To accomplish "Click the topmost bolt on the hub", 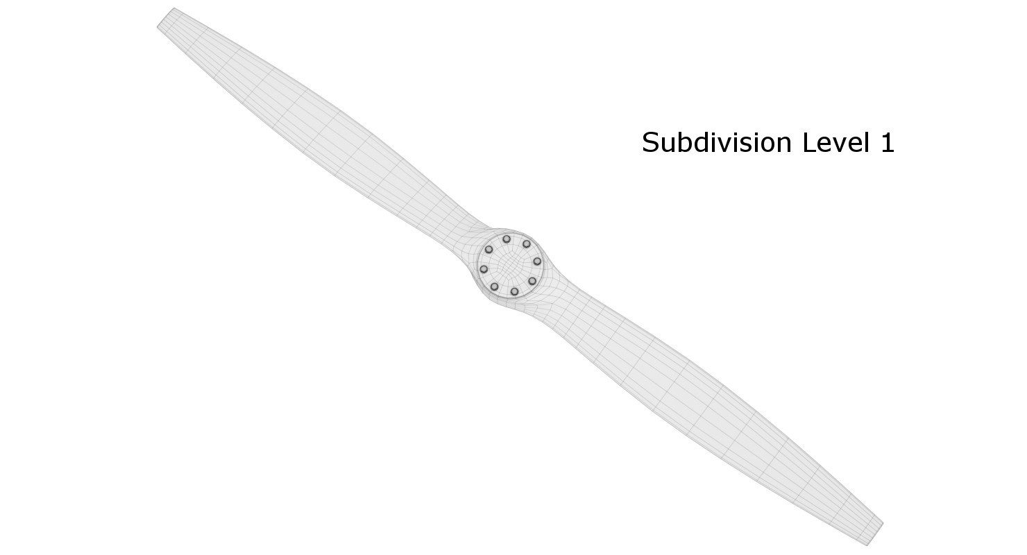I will coord(507,239).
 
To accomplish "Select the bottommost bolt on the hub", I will coord(514,291).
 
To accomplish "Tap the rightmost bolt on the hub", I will coord(537,262).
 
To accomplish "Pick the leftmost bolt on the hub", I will coord(484,269).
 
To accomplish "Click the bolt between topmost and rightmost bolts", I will coord(527,244).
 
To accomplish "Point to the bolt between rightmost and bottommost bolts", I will coord(532,281).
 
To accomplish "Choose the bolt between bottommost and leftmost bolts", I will coord(494,287).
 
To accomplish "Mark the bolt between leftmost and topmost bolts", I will coord(489,250).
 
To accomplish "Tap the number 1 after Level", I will coord(888,143).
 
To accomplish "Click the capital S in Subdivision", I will coord(650,143).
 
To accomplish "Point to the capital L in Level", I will coord(808,143).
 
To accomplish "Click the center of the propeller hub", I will coord(511,265).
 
